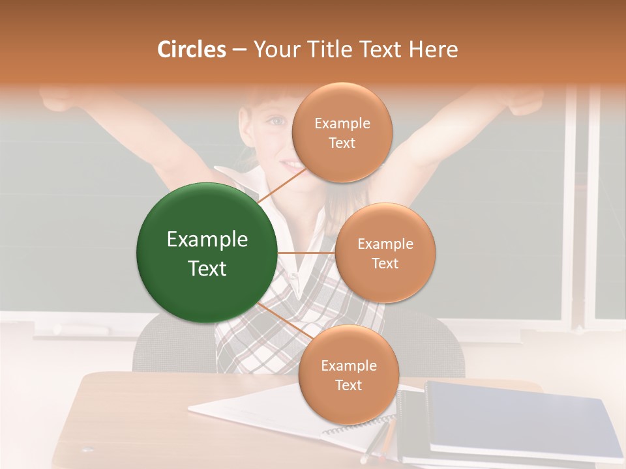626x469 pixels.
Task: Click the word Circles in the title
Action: pos(191,50)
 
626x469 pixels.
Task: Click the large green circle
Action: pos(207,253)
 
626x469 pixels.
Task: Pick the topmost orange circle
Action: pos(342,133)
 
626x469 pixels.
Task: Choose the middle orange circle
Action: pos(385,253)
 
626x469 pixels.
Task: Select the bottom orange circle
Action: pos(348,375)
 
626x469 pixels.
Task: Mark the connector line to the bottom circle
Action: pos(282,320)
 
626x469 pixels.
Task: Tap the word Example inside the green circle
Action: pos(207,240)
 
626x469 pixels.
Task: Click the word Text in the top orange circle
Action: pos(342,143)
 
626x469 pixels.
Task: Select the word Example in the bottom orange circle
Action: pos(348,365)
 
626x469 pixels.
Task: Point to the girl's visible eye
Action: pos(277,121)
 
